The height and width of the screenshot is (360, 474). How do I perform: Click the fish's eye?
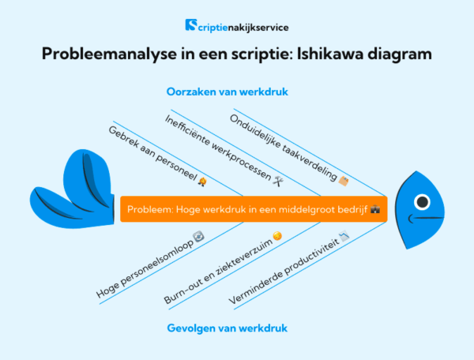422,201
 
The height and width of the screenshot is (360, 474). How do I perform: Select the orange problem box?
253,210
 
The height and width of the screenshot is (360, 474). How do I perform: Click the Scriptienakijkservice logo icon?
191,25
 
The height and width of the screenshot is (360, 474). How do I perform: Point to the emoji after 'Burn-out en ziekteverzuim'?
277,236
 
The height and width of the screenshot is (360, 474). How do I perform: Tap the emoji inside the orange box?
376,211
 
